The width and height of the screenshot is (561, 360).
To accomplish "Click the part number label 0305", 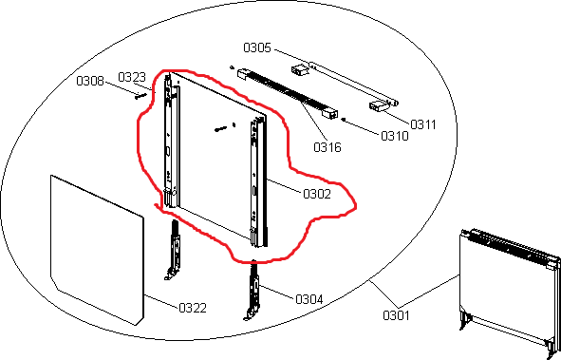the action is point(257,47).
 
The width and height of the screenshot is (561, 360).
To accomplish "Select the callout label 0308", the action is point(90,81).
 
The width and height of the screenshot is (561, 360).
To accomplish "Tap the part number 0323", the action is point(132,77).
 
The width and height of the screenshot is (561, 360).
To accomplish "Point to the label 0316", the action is point(327,147).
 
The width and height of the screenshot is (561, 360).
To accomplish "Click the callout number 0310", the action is point(395,136).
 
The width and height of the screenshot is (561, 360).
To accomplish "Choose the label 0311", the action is point(423,124).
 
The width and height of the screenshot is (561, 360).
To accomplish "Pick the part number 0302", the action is point(317,194).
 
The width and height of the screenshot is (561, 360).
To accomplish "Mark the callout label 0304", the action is point(309,299).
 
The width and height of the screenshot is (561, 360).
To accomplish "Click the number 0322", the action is point(193,308).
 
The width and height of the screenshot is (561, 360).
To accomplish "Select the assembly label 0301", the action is point(397,315).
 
